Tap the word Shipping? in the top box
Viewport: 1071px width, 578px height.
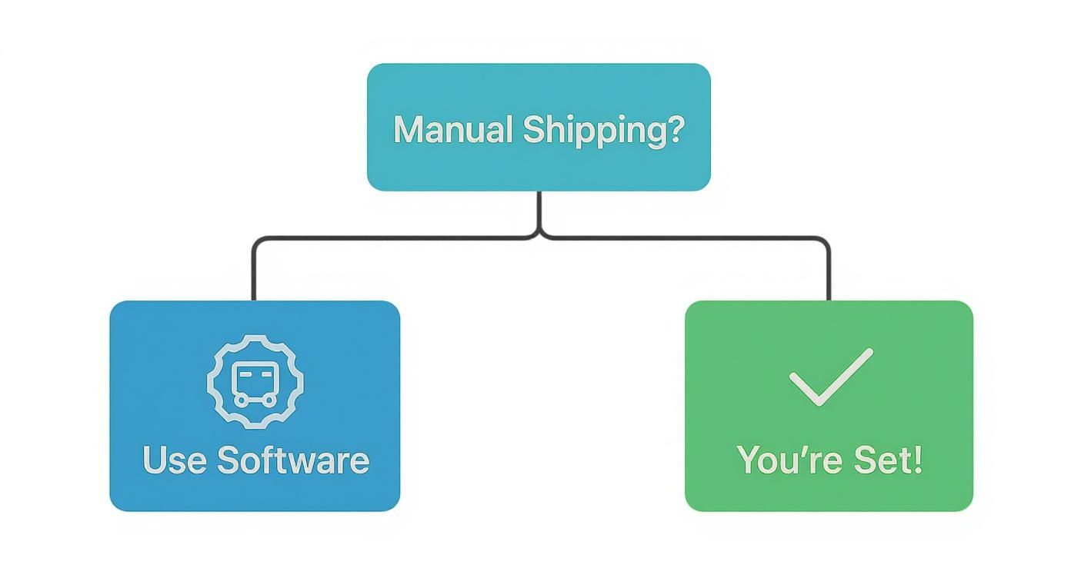coord(602,131)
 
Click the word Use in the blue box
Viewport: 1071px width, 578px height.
coord(175,460)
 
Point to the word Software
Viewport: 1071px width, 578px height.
coord(292,460)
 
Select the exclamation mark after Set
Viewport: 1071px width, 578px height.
coord(916,460)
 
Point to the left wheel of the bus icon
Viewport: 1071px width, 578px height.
coord(242,400)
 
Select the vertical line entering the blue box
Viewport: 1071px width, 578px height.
coord(253,277)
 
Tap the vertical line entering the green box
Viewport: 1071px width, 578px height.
coord(829,277)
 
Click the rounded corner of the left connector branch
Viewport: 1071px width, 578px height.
coord(257,241)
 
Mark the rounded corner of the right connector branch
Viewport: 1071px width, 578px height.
coord(825,241)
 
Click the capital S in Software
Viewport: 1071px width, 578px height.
coord(229,460)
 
